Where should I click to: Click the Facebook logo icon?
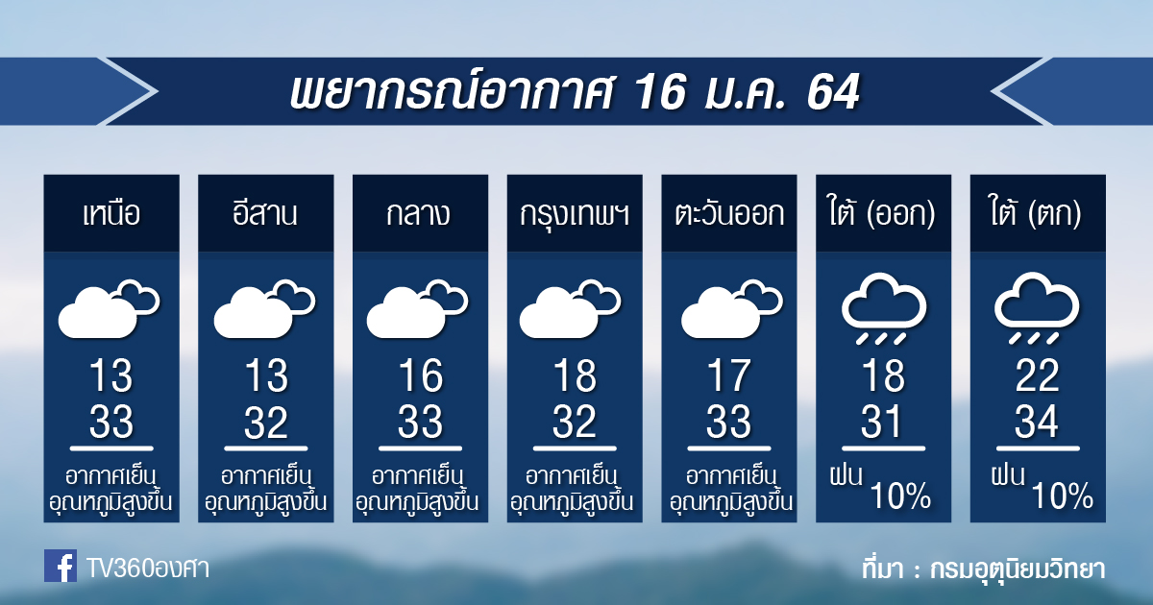(61, 566)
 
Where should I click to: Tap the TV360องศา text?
(148, 569)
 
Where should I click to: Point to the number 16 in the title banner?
(661, 92)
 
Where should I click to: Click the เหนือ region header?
(111, 213)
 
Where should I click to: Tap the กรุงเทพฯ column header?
(575, 215)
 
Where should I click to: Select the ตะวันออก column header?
(729, 213)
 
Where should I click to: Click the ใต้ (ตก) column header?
(1037, 212)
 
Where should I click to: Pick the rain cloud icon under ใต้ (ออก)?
(883, 308)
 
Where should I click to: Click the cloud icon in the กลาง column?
(417, 308)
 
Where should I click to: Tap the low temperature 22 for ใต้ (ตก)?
(1037, 375)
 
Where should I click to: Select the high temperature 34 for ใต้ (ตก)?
(1037, 422)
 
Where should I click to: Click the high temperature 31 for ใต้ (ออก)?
(882, 422)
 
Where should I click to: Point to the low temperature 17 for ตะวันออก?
(728, 375)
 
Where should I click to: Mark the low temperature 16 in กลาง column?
(421, 375)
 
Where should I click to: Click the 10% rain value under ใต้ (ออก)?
(901, 496)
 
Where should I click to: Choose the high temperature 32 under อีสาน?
(265, 422)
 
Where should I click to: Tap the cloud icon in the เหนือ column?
(110, 308)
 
